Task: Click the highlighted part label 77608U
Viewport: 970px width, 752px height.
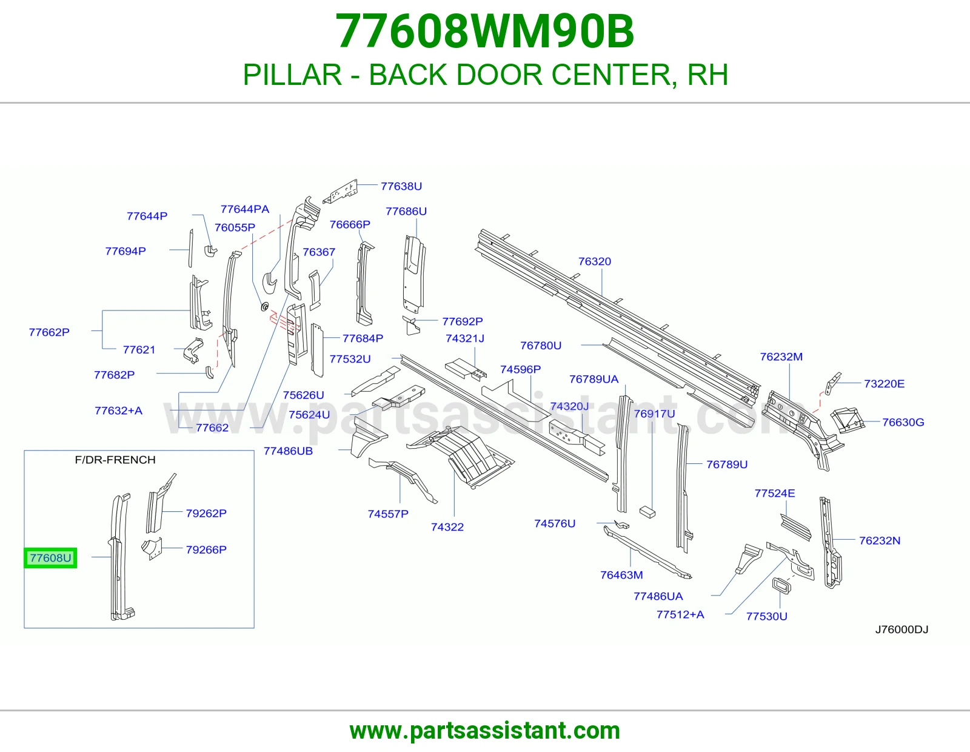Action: [x=50, y=558]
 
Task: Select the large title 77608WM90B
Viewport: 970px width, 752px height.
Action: [x=485, y=31]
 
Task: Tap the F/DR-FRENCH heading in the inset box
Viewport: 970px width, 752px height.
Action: [x=115, y=460]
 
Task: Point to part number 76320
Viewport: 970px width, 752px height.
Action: [x=595, y=261]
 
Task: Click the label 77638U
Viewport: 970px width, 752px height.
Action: [x=401, y=186]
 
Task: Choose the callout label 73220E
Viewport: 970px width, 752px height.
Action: [x=884, y=384]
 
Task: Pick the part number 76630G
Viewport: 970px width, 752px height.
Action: [x=903, y=422]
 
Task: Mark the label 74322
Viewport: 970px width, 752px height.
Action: [x=447, y=527]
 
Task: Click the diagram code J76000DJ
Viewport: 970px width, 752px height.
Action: [x=901, y=629]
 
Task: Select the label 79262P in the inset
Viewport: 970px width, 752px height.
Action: [x=206, y=513]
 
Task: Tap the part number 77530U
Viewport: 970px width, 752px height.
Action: [x=767, y=616]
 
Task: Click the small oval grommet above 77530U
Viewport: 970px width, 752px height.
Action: [x=781, y=585]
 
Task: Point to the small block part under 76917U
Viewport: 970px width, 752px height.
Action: [x=647, y=512]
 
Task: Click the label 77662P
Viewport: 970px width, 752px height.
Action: [x=49, y=332]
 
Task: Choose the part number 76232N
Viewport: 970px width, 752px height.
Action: [x=880, y=540]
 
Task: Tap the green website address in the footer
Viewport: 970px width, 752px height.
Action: [x=485, y=731]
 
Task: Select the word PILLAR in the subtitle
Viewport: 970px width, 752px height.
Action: [x=292, y=75]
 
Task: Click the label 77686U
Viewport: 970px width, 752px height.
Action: [x=406, y=211]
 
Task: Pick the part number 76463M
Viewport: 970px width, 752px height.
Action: [x=621, y=575]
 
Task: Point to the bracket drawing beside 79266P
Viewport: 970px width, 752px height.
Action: [x=152, y=549]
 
